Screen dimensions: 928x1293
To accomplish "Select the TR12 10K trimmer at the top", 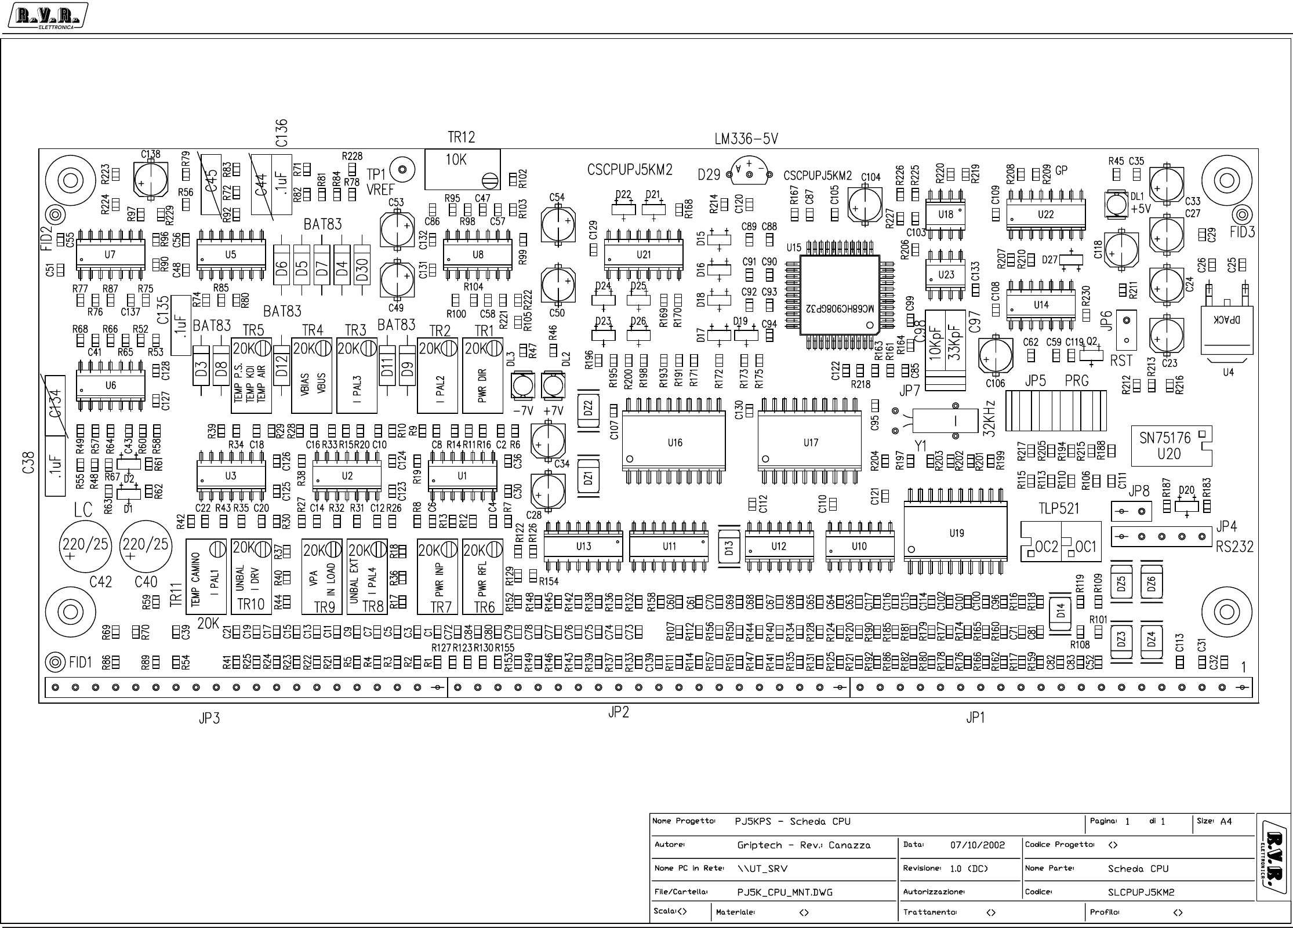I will tap(462, 169).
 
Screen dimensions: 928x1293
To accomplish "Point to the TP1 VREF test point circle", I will tap(402, 170).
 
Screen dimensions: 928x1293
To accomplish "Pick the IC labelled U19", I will tap(956, 533).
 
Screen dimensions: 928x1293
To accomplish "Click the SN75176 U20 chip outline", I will tap(1171, 446).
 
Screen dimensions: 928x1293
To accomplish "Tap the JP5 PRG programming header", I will tap(1055, 410).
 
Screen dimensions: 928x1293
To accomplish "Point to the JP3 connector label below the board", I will tap(209, 719).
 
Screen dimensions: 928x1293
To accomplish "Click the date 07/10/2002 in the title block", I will tap(978, 845).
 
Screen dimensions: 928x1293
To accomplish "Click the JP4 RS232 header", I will tap(1161, 536).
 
